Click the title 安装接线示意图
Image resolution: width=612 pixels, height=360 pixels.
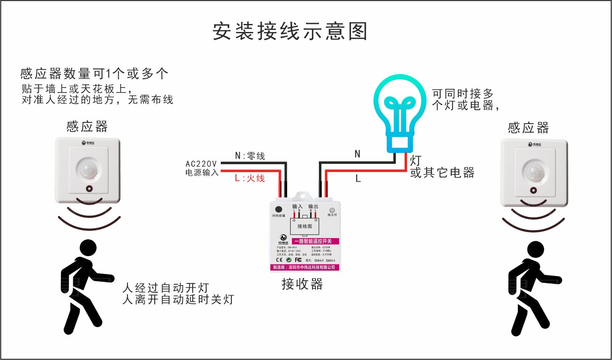click(x=290, y=32)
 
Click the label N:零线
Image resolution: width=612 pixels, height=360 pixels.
click(x=250, y=156)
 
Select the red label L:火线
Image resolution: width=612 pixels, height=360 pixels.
click(x=250, y=178)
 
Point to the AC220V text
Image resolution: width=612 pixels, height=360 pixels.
click(x=201, y=164)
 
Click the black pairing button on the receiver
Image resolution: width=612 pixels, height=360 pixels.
click(x=278, y=209)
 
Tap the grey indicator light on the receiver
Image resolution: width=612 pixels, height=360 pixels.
click(x=332, y=210)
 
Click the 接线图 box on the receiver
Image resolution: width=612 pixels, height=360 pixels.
click(x=305, y=226)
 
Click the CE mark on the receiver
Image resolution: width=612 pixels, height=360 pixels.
click(x=279, y=260)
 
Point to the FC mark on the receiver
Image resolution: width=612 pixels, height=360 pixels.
click(x=298, y=260)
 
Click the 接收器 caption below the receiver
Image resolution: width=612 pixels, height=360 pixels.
click(x=302, y=284)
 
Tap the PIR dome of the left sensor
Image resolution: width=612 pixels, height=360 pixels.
click(x=87, y=169)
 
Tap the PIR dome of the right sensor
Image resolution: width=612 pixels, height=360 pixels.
click(x=534, y=172)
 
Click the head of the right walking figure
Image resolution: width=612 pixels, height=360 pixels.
click(x=535, y=250)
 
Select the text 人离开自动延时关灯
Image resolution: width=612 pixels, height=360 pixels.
click(x=178, y=299)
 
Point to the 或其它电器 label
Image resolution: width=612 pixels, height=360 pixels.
click(x=442, y=172)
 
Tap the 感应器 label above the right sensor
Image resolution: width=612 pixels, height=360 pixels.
click(x=528, y=127)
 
